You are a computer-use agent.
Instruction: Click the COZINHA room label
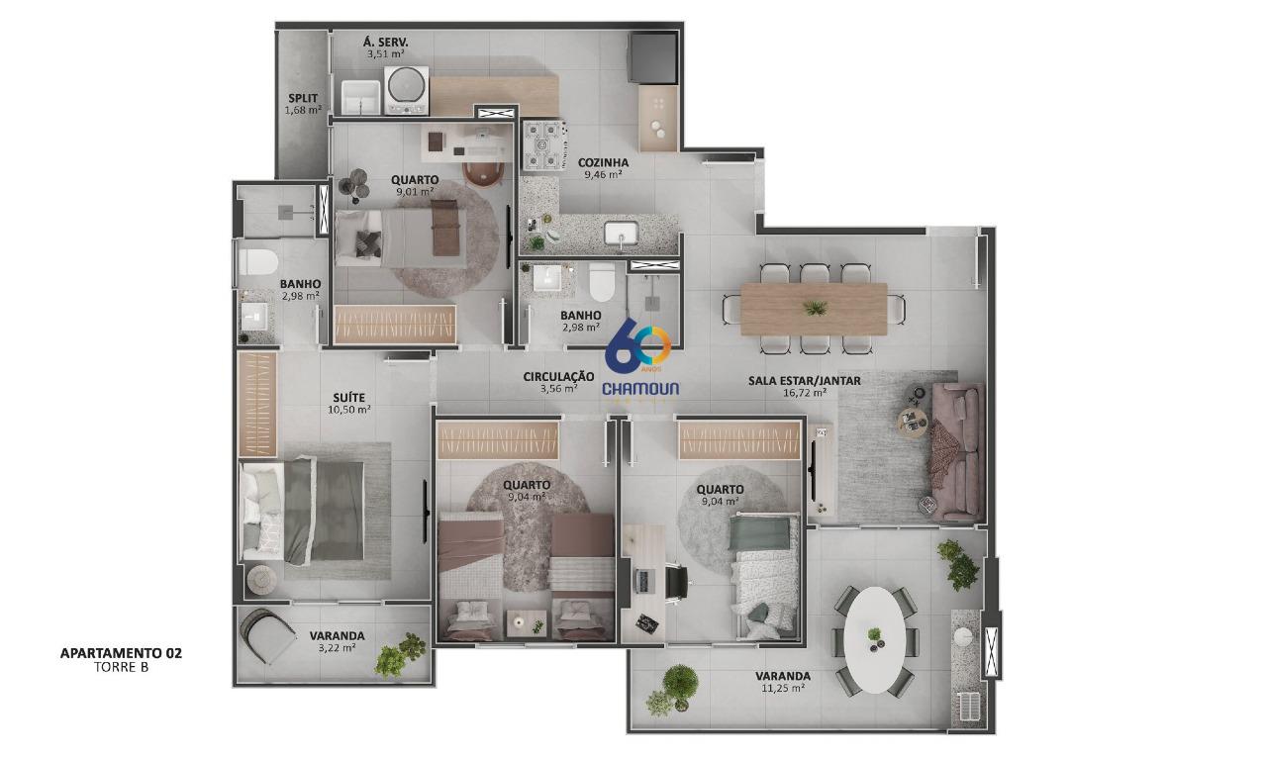[602, 162]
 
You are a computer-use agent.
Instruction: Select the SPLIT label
[303, 98]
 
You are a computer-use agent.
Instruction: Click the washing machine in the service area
[406, 89]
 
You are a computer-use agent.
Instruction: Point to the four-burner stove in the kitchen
[543, 143]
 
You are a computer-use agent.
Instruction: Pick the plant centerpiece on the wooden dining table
[816, 309]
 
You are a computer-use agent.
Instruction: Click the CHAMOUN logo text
[641, 389]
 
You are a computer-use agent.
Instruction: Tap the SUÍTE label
[350, 398]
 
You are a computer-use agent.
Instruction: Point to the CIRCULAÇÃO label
[558, 377]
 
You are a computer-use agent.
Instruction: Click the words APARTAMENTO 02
[121, 653]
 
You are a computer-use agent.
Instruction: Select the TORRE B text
[121, 667]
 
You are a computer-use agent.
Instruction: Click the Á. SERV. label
[385, 42]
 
